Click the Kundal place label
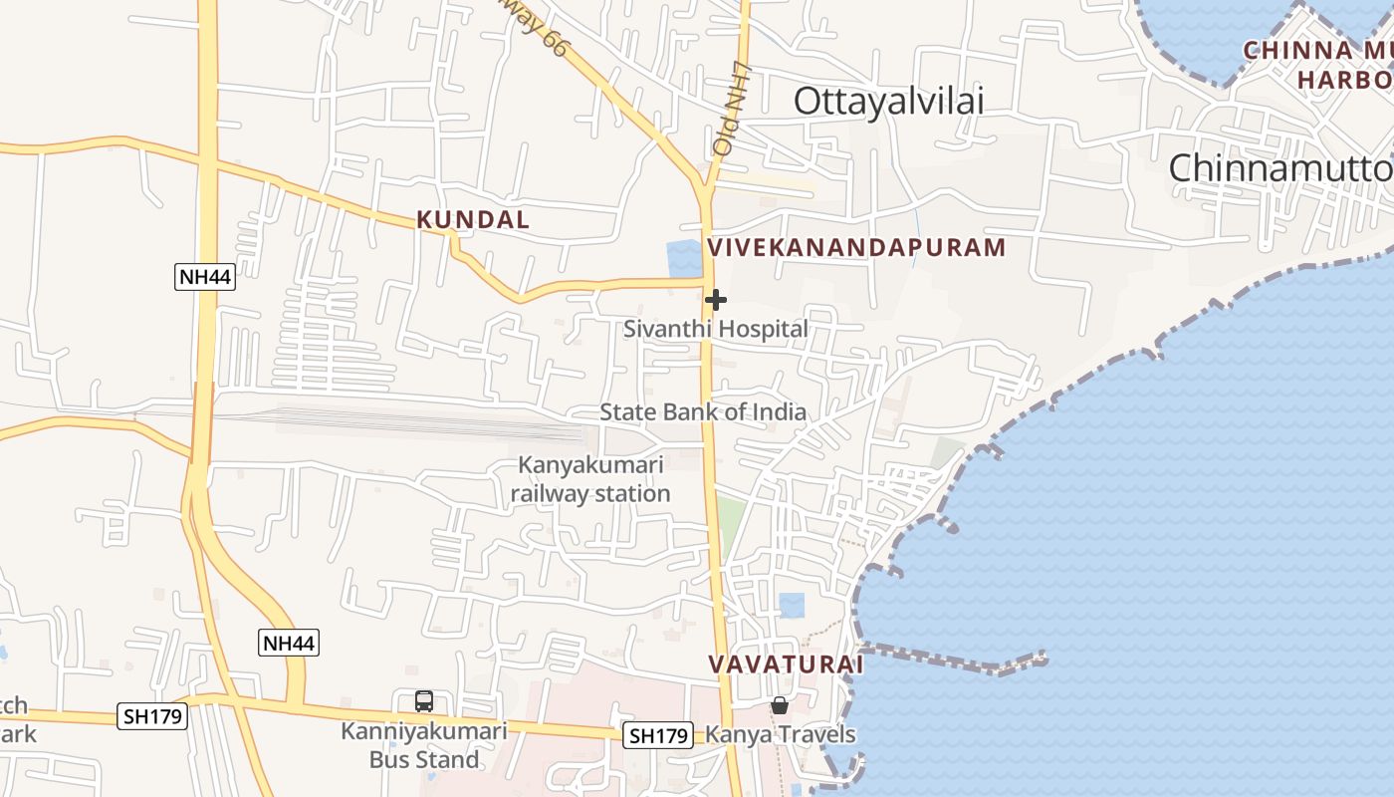(473, 220)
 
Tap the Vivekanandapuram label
(856, 248)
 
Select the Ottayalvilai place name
(888, 101)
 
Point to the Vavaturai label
(786, 664)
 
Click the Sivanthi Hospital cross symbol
(715, 300)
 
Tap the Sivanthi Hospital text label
(716, 329)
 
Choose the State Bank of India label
(703, 412)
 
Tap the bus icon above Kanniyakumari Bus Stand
(424, 701)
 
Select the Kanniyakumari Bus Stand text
(424, 745)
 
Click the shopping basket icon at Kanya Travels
(780, 705)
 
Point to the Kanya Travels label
(781, 735)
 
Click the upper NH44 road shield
(205, 277)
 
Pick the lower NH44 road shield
(290, 643)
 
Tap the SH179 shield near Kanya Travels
(658, 736)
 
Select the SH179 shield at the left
(152, 715)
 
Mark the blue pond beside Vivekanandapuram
(684, 258)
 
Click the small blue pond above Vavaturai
(792, 605)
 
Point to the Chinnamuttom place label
(1280, 167)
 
